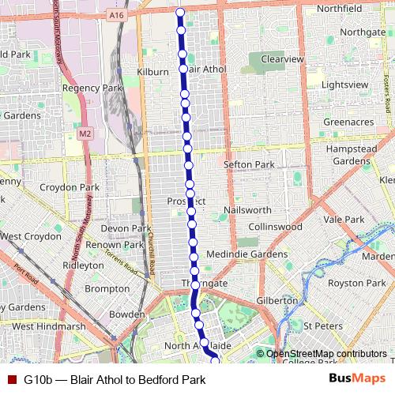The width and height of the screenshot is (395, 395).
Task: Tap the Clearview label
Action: pyautogui.click(x=282, y=59)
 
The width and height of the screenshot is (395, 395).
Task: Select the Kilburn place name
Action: pyautogui.click(x=152, y=72)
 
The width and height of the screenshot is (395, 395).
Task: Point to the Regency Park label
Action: pyautogui.click(x=93, y=88)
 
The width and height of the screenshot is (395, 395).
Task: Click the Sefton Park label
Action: pyautogui.click(x=248, y=164)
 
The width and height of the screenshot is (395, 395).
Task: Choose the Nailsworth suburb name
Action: pyautogui.click(x=247, y=210)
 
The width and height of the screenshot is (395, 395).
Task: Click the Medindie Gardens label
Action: pyautogui.click(x=247, y=254)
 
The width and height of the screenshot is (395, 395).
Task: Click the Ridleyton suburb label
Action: pyautogui.click(x=83, y=265)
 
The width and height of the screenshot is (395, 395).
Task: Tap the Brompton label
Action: pyautogui.click(x=107, y=289)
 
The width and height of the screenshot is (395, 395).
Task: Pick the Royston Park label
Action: pyautogui.click(x=356, y=283)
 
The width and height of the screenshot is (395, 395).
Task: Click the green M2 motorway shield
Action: pyautogui.click(x=85, y=134)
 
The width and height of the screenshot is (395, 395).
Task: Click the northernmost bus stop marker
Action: pyautogui.click(x=180, y=13)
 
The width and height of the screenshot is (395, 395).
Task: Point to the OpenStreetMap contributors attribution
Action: pyautogui.click(x=326, y=354)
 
